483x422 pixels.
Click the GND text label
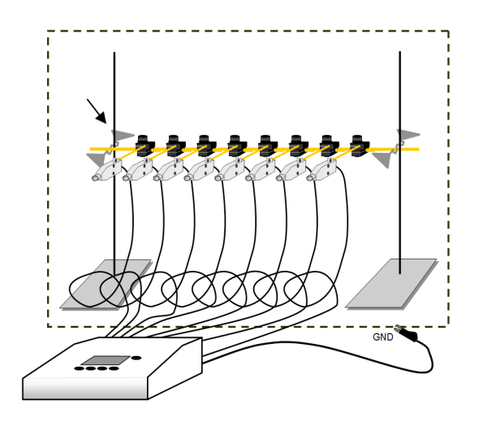point(382,337)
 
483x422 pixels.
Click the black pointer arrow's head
point(101,118)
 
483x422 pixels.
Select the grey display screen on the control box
point(106,360)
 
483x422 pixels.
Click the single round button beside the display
point(136,358)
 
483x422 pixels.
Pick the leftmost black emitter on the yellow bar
point(144,146)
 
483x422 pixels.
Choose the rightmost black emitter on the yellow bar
point(360,146)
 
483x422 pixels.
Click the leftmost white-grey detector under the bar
point(107,170)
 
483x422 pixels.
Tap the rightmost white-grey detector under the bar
point(321,170)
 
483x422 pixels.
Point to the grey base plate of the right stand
point(391,284)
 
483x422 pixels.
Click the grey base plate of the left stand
point(106,284)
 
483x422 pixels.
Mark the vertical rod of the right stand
point(400,163)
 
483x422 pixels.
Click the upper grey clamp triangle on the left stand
point(122,135)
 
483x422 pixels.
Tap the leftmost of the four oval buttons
point(80,368)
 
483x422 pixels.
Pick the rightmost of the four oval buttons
point(114,368)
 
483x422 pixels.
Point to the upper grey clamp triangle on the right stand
point(408,134)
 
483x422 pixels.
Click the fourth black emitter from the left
point(237,146)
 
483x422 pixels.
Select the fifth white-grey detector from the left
point(230,170)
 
